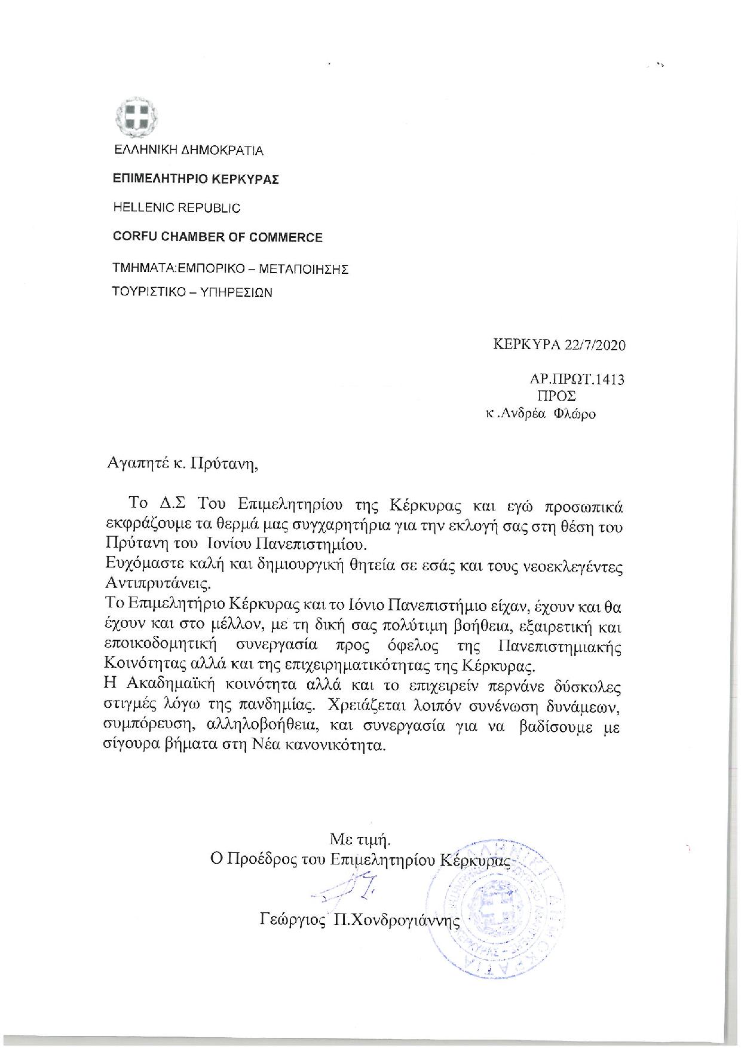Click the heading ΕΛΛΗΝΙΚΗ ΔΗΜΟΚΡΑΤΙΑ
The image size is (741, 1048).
point(188,150)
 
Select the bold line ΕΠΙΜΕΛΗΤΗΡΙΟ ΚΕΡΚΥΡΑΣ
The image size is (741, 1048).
point(196,179)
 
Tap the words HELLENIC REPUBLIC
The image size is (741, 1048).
point(177,208)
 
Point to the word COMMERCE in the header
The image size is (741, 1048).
point(283,237)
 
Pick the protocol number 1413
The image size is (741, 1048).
point(611,379)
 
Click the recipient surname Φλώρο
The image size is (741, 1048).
point(575,413)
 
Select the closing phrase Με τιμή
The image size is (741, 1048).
point(360,839)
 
